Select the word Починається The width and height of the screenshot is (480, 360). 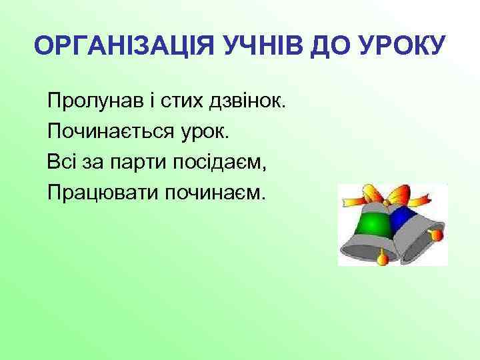(103, 132)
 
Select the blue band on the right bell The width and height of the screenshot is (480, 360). (401, 218)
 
